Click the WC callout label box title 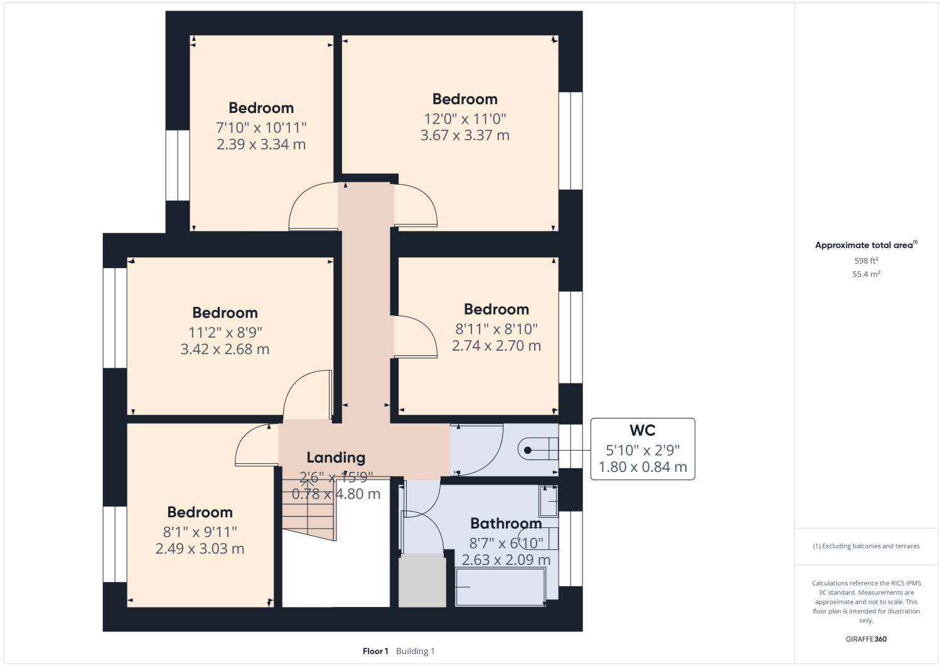click(x=642, y=431)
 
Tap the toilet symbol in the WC click(x=537, y=449)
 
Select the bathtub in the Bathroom click(x=500, y=587)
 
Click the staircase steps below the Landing click(x=308, y=510)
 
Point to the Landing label click(x=336, y=458)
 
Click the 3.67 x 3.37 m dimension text click(x=464, y=136)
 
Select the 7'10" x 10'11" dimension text click(x=261, y=127)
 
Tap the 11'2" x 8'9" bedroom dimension click(x=225, y=333)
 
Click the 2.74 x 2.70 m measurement click(x=496, y=346)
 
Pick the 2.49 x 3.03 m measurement click(x=200, y=549)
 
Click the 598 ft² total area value click(x=866, y=260)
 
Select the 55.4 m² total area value click(x=866, y=274)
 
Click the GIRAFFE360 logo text click(x=866, y=639)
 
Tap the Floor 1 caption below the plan click(x=375, y=651)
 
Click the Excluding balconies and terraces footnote click(x=866, y=546)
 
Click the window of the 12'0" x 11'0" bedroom click(x=570, y=141)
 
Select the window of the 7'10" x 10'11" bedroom click(x=178, y=165)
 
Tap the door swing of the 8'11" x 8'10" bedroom click(x=416, y=336)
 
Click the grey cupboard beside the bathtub click(x=422, y=581)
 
